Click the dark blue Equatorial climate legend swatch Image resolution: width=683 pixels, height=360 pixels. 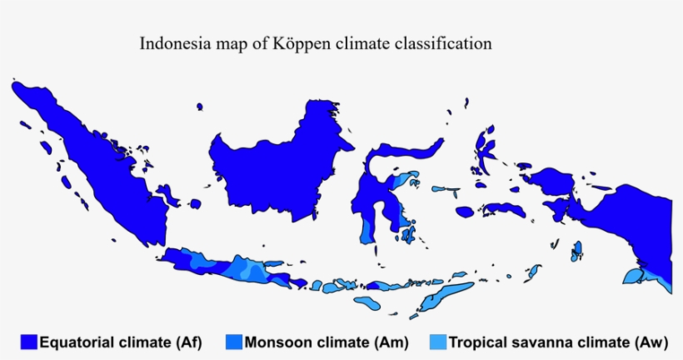click(29, 342)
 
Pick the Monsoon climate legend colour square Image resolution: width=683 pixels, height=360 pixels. click(233, 342)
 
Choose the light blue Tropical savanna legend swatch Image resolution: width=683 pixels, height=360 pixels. click(437, 342)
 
